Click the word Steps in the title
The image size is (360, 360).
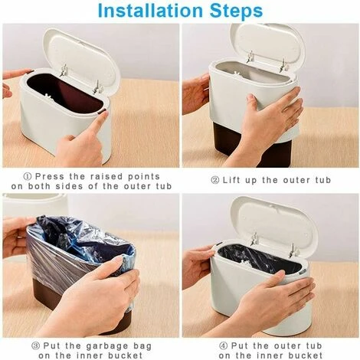pos(234,11)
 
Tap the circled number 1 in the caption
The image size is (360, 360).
pos(28,175)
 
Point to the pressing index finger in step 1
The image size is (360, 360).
pos(98,123)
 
